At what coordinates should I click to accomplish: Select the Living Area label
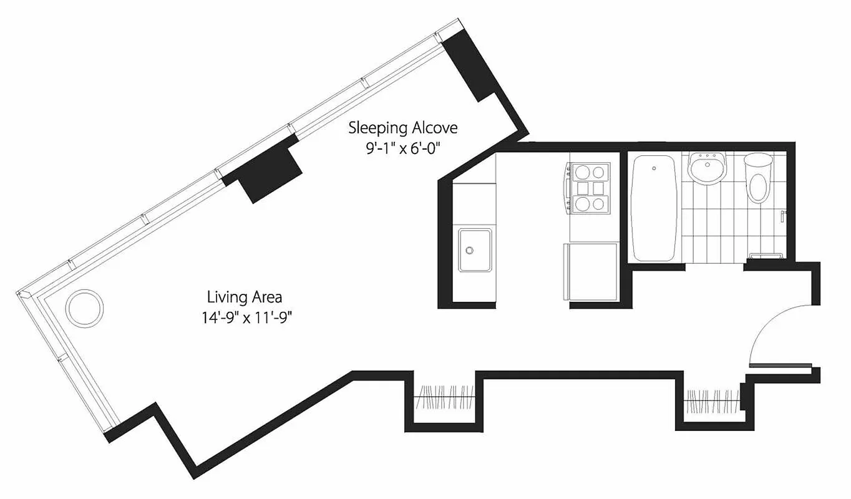tap(245, 297)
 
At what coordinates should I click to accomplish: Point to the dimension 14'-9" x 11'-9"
tap(244, 317)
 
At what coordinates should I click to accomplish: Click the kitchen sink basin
tap(475, 249)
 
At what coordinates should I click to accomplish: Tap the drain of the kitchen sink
tap(470, 249)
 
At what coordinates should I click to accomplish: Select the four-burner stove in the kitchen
tap(589, 187)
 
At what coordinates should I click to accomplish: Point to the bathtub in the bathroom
tap(654, 209)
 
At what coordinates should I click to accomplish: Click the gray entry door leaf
tap(780, 366)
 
